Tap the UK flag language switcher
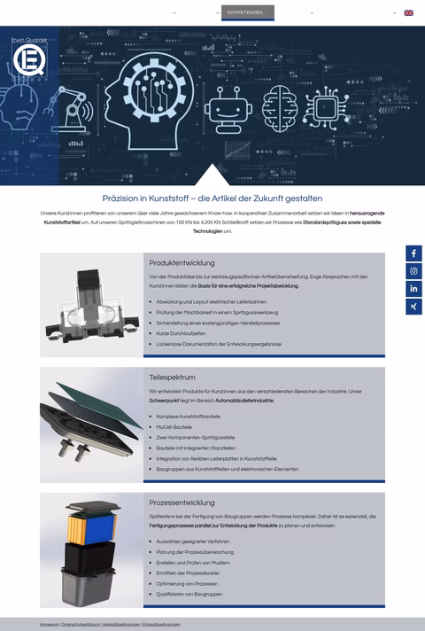pyautogui.click(x=408, y=12)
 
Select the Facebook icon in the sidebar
pyautogui.click(x=414, y=253)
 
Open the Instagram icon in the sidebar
pyautogui.click(x=414, y=271)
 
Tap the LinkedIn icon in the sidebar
pyautogui.click(x=414, y=289)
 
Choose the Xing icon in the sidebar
pyautogui.click(x=414, y=307)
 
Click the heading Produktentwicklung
pyautogui.click(x=182, y=263)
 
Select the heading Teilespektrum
pyautogui.click(x=172, y=377)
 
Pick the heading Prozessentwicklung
pyautogui.click(x=182, y=502)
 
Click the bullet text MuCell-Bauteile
pyautogui.click(x=174, y=426)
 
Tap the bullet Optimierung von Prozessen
pyautogui.click(x=186, y=583)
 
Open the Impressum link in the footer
pyautogui.click(x=49, y=624)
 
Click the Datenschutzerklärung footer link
pyautogui.click(x=81, y=624)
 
